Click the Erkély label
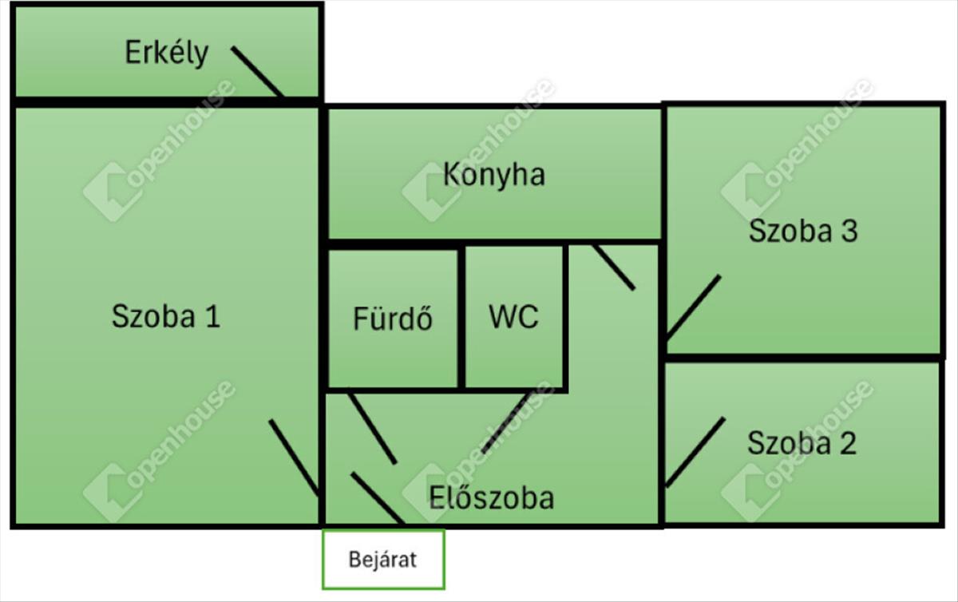click(x=166, y=53)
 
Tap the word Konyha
click(x=494, y=174)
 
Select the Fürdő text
click(x=393, y=319)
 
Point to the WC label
click(x=513, y=317)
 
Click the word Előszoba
click(x=491, y=498)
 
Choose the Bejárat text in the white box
click(x=383, y=560)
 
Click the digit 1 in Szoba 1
click(x=212, y=317)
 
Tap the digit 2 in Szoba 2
click(x=847, y=443)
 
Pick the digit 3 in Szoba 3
click(x=848, y=231)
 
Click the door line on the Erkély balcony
click(x=257, y=71)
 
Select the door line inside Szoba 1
click(x=294, y=457)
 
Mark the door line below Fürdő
click(x=372, y=427)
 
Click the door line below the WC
click(x=507, y=422)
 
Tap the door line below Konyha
click(x=614, y=267)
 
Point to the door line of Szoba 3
click(x=693, y=307)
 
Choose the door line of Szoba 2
click(x=695, y=452)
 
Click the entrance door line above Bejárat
click(x=377, y=498)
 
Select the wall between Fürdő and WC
click(x=461, y=317)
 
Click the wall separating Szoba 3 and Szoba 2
click(x=802, y=357)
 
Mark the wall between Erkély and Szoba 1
click(x=166, y=102)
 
